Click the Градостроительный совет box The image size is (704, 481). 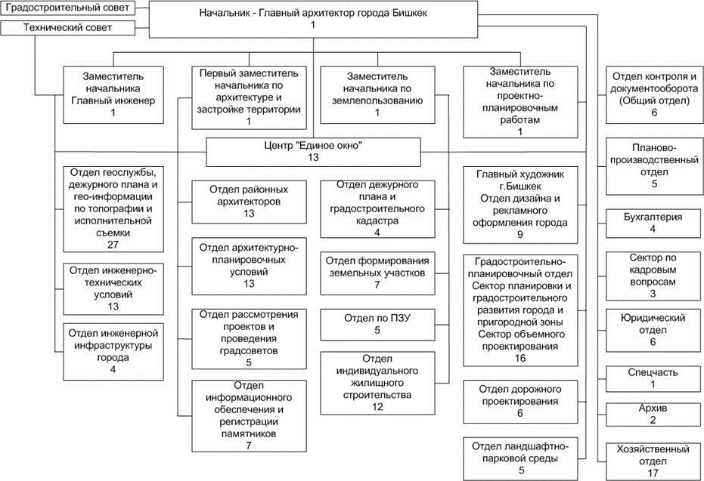(x=67, y=8)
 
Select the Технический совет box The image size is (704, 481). (x=67, y=28)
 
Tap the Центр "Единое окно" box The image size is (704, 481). (x=313, y=152)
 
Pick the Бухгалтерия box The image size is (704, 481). (x=654, y=224)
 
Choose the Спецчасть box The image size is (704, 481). (x=654, y=379)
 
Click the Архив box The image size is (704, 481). (x=654, y=415)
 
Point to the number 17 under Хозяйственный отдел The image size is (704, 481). (x=653, y=473)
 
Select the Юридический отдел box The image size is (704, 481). (x=654, y=331)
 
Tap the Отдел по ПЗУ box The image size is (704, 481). (x=377, y=325)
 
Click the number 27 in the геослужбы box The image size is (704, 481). (x=113, y=245)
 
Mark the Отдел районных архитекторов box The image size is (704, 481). (x=250, y=202)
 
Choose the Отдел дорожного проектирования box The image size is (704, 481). (x=520, y=402)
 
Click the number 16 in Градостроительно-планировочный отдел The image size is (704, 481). (x=520, y=358)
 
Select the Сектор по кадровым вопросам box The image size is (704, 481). (x=654, y=276)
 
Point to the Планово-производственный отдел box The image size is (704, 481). (x=654, y=166)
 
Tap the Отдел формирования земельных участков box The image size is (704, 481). (x=377, y=273)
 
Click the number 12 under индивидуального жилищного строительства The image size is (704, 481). (x=377, y=406)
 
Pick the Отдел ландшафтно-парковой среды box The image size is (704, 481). (x=520, y=459)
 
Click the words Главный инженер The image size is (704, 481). (x=113, y=100)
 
